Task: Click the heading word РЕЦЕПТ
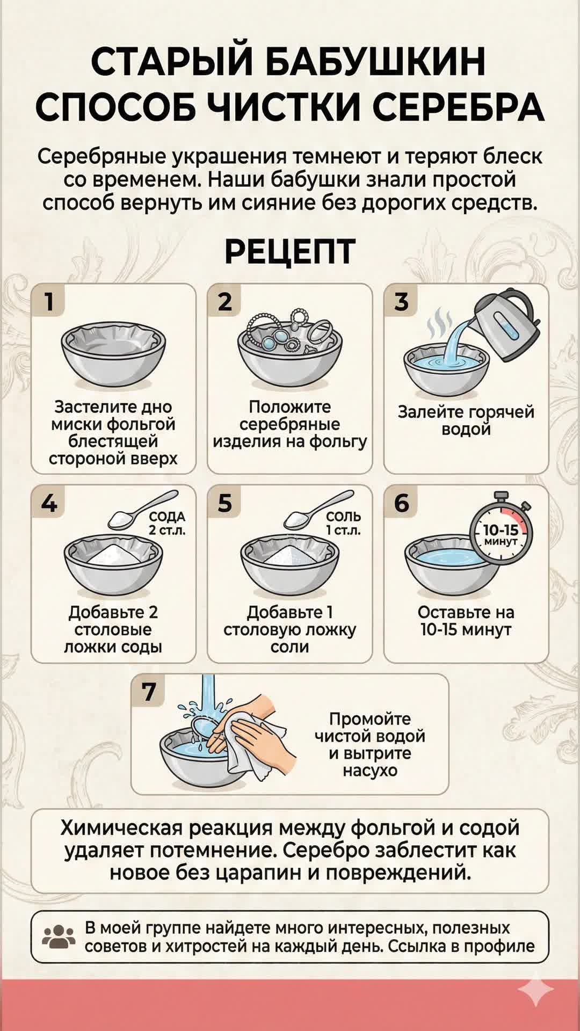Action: click(x=290, y=251)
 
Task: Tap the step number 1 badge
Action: click(x=49, y=301)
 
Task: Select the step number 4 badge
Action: click(x=49, y=503)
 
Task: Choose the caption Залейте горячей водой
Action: click(x=466, y=420)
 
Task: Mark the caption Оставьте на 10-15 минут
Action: click(x=466, y=621)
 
